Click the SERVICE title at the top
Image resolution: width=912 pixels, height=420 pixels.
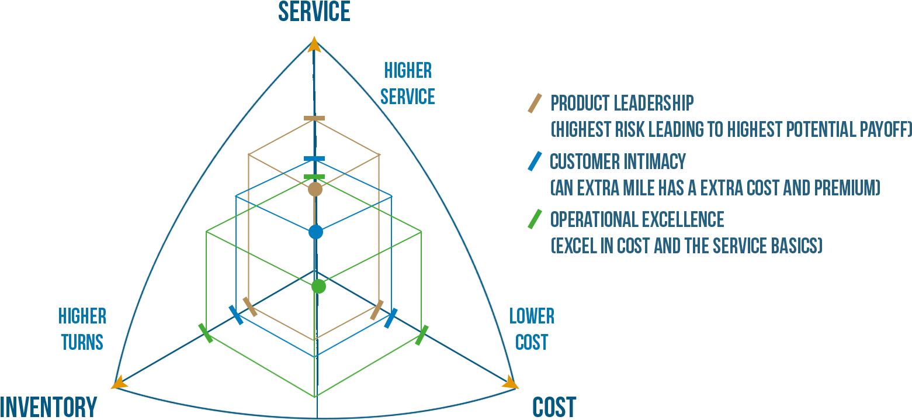(x=314, y=12)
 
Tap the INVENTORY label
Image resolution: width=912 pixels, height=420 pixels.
(x=48, y=407)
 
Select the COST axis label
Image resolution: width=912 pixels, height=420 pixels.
(x=554, y=407)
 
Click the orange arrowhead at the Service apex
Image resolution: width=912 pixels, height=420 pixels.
(x=314, y=44)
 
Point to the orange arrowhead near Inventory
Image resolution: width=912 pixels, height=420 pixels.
(x=119, y=382)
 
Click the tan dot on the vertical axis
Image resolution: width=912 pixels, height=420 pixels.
(x=315, y=190)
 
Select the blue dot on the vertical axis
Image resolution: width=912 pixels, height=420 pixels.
(x=315, y=232)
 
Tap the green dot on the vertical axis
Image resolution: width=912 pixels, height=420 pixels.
(x=318, y=286)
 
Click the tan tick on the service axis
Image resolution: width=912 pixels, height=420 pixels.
(x=314, y=119)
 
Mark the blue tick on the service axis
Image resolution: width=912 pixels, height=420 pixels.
(x=314, y=159)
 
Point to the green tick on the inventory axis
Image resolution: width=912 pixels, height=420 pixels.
(x=205, y=333)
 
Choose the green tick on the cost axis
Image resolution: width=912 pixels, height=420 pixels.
(x=422, y=335)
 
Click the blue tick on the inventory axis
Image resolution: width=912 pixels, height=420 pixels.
(x=236, y=315)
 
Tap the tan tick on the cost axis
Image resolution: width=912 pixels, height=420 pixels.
(x=377, y=310)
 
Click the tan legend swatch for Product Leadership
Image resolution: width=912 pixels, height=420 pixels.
(x=535, y=103)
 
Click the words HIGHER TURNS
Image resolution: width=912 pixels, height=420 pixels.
(x=82, y=329)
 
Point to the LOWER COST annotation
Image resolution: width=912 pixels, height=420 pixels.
(x=532, y=329)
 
